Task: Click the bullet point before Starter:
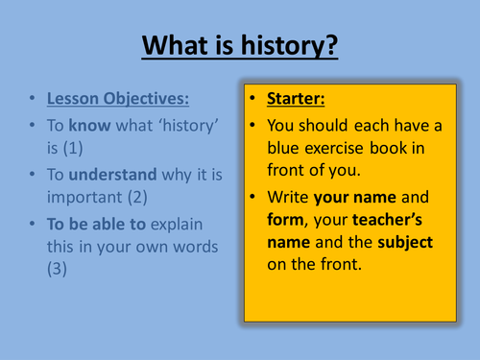tap(253, 100)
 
